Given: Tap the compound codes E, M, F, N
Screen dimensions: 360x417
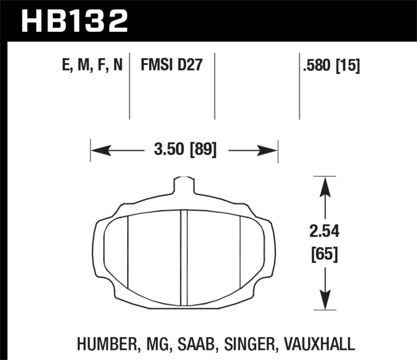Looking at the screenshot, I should (x=92, y=66).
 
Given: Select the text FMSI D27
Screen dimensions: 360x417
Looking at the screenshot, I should (x=171, y=66).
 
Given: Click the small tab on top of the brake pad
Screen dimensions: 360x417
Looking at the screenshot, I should (x=183, y=185).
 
